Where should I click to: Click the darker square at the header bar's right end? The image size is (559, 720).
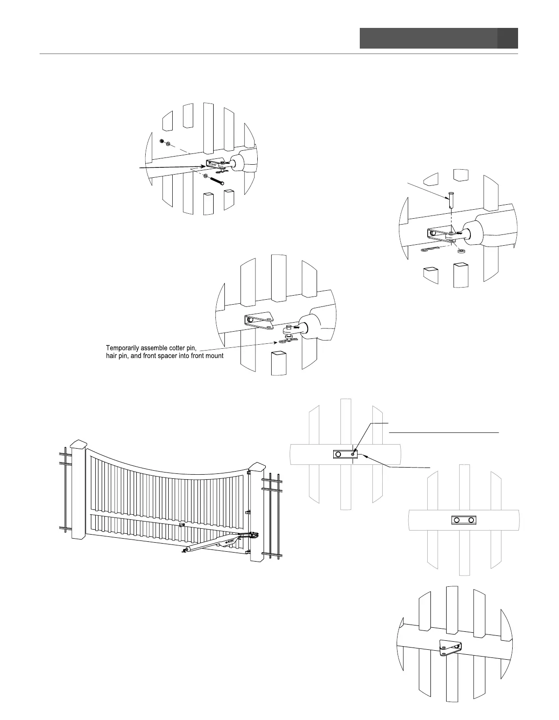(x=508, y=38)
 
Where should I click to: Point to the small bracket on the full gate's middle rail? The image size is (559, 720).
(x=181, y=525)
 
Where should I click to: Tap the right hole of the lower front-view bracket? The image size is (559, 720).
(x=471, y=520)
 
